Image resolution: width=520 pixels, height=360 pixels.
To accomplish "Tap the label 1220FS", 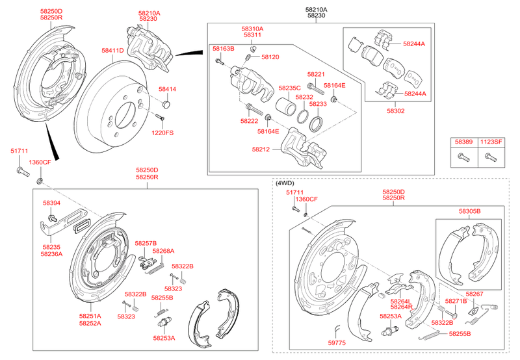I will tap(162, 133).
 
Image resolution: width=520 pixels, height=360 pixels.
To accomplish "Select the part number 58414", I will tap(167, 89).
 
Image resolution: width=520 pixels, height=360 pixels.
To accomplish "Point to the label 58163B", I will tap(223, 49).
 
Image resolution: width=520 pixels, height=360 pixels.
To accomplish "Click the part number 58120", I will tap(270, 57).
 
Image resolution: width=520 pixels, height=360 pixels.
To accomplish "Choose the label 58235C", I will tap(290, 88).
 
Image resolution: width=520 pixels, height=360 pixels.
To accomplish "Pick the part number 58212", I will tap(261, 149).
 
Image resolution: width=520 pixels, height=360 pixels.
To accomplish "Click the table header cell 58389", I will tap(463, 141).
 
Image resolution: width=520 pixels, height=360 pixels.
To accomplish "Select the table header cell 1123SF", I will tap(491, 141).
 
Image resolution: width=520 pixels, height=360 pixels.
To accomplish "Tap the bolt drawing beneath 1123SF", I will tap(491, 156).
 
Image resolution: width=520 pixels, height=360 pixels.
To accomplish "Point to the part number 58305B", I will tap(469, 212).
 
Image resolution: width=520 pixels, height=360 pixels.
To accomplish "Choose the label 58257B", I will tap(146, 243).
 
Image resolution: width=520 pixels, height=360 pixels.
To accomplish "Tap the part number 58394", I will tap(51, 203).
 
